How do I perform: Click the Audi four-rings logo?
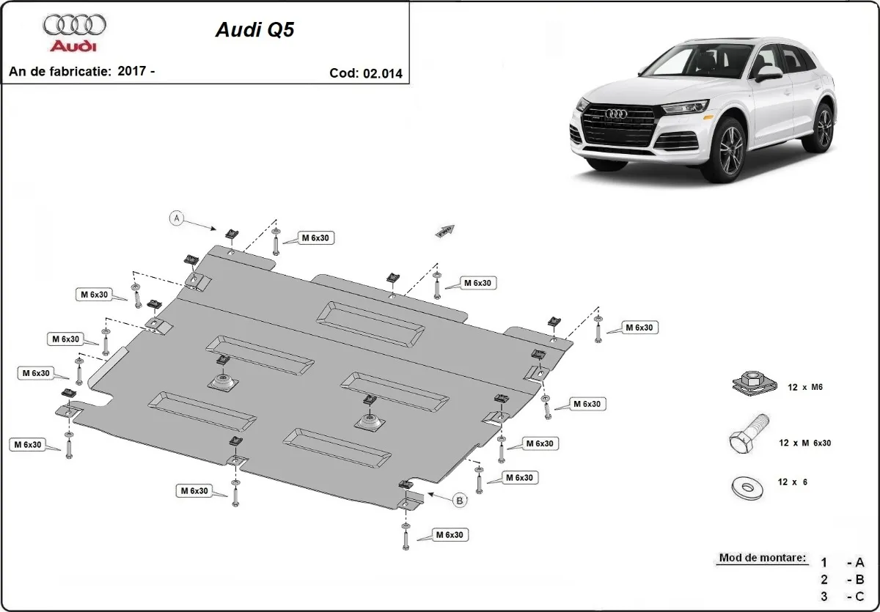74,26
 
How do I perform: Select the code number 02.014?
382,73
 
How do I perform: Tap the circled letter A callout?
176,218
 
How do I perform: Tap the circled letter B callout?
460,501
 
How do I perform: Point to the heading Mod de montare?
762,558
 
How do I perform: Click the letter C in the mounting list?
859,597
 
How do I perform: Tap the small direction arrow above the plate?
445,230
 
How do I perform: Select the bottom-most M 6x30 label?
449,535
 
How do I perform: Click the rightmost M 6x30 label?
639,328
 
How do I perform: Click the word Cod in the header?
343,73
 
